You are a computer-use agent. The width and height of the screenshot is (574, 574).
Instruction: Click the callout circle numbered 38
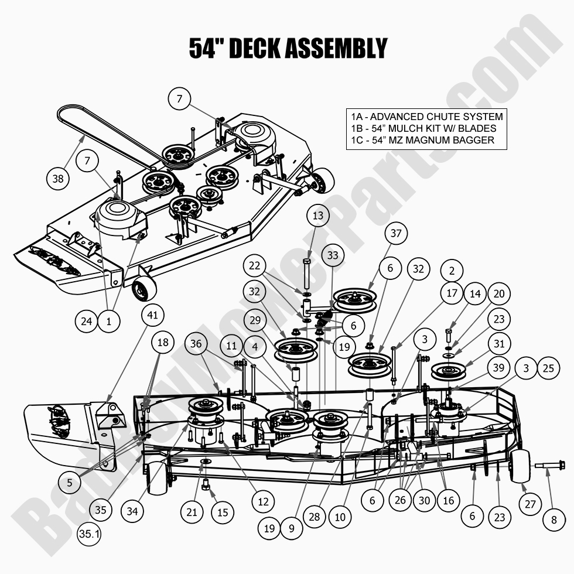57,179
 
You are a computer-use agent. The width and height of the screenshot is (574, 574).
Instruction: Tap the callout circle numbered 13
317,216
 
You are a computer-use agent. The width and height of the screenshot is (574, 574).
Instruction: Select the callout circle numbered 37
397,234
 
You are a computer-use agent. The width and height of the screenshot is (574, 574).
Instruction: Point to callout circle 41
152,315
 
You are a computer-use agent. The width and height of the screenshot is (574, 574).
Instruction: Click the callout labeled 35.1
88,533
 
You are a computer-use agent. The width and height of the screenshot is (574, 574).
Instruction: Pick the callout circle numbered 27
529,503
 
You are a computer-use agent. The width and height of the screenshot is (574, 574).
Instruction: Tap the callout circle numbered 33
333,256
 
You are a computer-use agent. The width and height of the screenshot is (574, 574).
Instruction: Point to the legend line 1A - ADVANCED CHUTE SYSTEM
425,117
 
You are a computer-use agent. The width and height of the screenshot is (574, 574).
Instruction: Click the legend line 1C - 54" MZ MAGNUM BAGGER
420,140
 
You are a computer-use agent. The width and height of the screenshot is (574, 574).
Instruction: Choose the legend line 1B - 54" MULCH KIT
421,128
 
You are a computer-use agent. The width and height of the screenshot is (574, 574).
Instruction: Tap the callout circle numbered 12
262,501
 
